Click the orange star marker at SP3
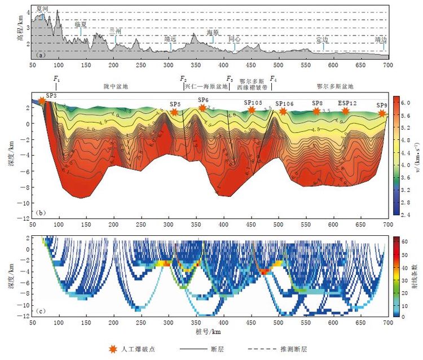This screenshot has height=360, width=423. pyautogui.click(x=42, y=101)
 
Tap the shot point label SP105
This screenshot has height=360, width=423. pyautogui.click(x=253, y=103)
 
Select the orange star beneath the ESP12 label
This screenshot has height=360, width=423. pyautogui.click(x=346, y=111)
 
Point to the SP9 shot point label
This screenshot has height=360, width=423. pyautogui.click(x=382, y=106)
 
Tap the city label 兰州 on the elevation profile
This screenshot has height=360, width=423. pyautogui.click(x=115, y=29)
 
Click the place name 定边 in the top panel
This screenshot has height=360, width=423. pyautogui.click(x=322, y=40)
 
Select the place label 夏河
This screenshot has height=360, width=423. pyautogui.click(x=42, y=9)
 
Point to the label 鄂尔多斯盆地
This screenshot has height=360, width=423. pyautogui.click(x=335, y=87)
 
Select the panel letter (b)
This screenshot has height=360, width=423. pyautogui.click(x=40, y=212)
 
